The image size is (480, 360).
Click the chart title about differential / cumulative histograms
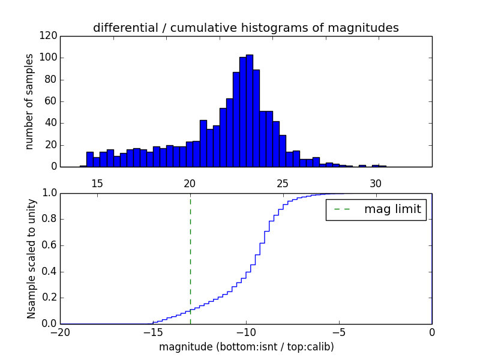tap(245, 28)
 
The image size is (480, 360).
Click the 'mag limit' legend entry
tap(376, 210)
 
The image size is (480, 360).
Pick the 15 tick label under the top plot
tap(97, 184)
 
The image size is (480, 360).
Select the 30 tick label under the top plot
tap(376, 184)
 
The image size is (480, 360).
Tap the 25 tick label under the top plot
tap(283, 184)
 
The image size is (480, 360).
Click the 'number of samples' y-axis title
tap(29, 101)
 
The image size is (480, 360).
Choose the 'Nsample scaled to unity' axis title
tap(31, 258)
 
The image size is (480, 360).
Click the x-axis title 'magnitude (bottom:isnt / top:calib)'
tap(246, 347)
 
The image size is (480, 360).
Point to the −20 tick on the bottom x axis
tap(60, 332)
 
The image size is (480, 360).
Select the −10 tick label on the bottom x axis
tap(245, 332)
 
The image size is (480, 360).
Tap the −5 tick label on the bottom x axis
tap(338, 332)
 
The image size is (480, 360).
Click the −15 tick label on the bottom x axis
tap(152, 332)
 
